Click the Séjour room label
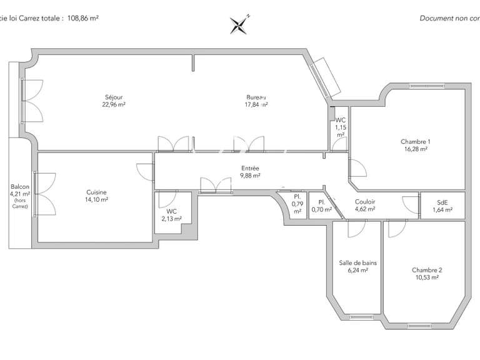pos(114,97)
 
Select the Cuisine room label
pos(96,192)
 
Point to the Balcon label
pos(19,186)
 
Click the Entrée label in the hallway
pos(250,168)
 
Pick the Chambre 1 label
pos(415,141)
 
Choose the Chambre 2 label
pos(427,270)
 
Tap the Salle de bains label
pos(353,263)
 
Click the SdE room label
pos(442,201)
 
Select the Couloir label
pos(364,201)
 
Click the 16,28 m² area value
pos(415,149)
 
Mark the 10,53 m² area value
pos(427,277)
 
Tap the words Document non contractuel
pos(449,18)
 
